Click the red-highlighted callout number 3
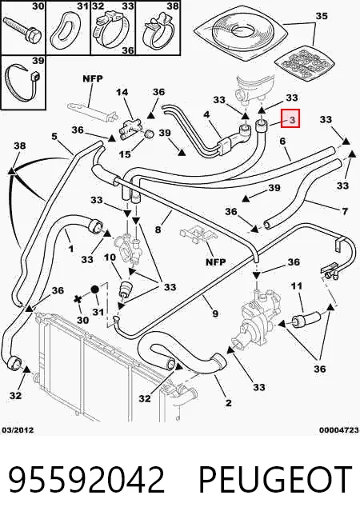[292, 119]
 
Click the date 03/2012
[18, 430]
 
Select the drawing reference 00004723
[339, 430]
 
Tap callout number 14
[122, 92]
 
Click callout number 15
[125, 154]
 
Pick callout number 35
[322, 16]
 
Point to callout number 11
[297, 286]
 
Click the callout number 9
[215, 313]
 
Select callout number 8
[158, 230]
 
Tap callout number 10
[110, 258]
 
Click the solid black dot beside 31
[94, 289]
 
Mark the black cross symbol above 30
[78, 299]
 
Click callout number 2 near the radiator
[228, 403]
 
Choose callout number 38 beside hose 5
[20, 146]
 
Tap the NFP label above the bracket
[93, 78]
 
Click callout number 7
[345, 211]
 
